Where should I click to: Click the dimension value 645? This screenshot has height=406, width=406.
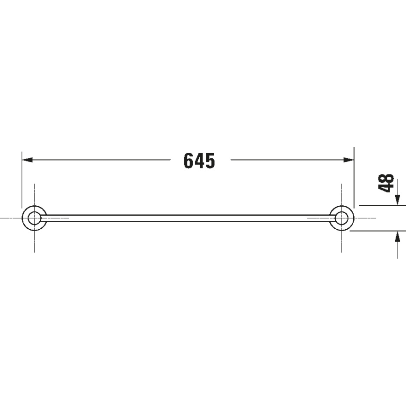(199, 160)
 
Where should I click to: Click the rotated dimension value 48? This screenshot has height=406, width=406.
(386, 182)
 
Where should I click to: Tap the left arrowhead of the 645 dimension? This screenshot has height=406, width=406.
(27, 160)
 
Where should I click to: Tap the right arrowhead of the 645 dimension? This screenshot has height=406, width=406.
(349, 160)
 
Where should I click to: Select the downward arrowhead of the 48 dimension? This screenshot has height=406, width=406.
(397, 200)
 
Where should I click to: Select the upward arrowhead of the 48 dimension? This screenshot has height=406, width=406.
(397, 236)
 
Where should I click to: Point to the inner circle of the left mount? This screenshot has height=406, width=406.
(34, 218)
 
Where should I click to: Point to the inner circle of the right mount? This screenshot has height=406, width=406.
(342, 218)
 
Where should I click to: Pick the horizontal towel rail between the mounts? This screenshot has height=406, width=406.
(187, 218)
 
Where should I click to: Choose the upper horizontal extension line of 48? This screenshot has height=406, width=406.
(379, 205)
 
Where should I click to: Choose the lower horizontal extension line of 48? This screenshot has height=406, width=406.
(379, 231)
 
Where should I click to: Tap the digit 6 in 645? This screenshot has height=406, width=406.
(189, 160)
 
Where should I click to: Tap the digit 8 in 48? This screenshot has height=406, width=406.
(386, 178)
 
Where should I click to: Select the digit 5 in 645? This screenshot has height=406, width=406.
(210, 160)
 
